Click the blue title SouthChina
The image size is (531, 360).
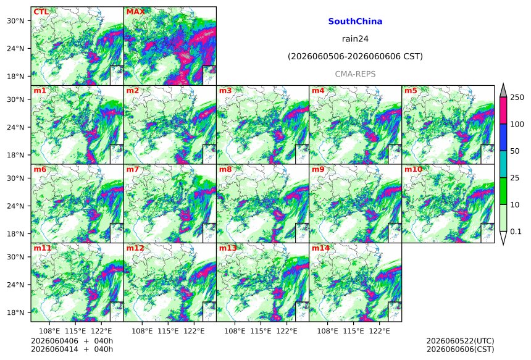355,22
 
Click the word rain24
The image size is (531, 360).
355,39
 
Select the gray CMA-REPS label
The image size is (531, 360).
355,74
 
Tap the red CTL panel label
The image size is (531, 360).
41,12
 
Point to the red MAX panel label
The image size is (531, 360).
135,12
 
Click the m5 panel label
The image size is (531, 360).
411,91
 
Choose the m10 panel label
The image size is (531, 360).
413,169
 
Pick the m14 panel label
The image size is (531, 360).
320,248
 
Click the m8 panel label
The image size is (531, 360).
225,169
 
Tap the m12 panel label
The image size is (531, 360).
135,248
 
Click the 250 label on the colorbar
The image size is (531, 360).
517,98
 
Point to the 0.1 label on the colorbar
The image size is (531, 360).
516,232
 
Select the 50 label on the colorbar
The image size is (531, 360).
515,151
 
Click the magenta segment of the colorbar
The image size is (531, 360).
504,111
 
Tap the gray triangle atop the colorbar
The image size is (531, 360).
504,91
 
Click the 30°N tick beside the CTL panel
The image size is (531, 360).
15,21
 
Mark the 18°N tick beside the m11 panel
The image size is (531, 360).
15,312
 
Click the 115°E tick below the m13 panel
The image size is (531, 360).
261,330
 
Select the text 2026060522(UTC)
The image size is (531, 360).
460,341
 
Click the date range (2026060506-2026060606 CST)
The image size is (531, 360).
355,56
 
